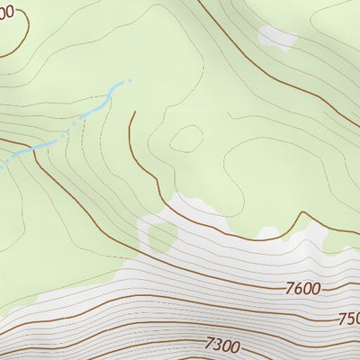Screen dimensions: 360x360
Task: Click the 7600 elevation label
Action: click(301, 289)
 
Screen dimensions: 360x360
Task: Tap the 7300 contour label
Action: click(222, 344)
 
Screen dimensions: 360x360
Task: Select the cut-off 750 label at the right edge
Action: click(348, 319)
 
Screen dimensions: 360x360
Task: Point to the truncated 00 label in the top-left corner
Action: click(7, 12)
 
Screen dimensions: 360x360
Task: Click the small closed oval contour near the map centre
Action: click(186, 138)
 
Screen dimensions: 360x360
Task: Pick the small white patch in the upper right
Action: click(276, 37)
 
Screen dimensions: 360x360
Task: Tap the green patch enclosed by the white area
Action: click(162, 237)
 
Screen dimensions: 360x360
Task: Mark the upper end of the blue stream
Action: click(129, 81)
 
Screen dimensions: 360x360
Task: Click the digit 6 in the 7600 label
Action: click(297, 289)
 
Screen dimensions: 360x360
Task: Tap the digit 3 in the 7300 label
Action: click(219, 344)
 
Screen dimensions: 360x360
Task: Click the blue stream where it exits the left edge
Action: click(2, 166)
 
